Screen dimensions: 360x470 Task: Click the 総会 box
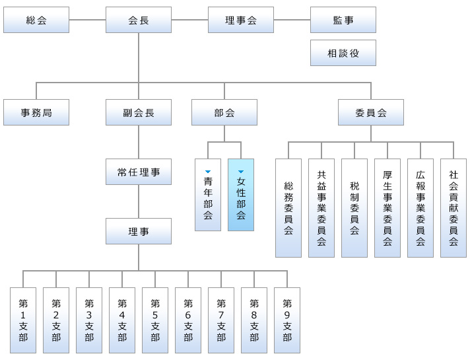click(x=36, y=20)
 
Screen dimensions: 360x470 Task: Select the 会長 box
click(x=139, y=20)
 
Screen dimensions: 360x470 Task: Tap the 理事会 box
click(x=241, y=20)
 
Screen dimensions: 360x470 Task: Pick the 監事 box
click(x=343, y=20)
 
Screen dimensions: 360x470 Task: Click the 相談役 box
click(x=343, y=53)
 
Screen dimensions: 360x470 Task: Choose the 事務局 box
click(x=36, y=112)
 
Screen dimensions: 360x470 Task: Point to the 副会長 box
click(x=139, y=112)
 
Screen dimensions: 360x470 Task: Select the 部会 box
click(x=224, y=112)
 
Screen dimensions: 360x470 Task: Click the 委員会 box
click(x=371, y=112)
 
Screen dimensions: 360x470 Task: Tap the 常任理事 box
click(x=139, y=172)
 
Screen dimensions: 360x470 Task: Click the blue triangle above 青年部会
click(x=208, y=172)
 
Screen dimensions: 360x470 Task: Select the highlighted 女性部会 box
click(x=241, y=195)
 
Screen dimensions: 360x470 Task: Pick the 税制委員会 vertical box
click(x=354, y=207)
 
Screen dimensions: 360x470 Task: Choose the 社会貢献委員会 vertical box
click(x=453, y=207)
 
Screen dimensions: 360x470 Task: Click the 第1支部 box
click(x=23, y=320)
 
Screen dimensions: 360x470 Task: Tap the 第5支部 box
click(x=155, y=320)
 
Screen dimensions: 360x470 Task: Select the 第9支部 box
click(x=287, y=320)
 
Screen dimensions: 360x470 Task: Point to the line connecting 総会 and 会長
click(x=87, y=20)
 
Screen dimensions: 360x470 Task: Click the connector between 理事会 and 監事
click(x=292, y=20)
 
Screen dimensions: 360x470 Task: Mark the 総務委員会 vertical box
click(x=288, y=207)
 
